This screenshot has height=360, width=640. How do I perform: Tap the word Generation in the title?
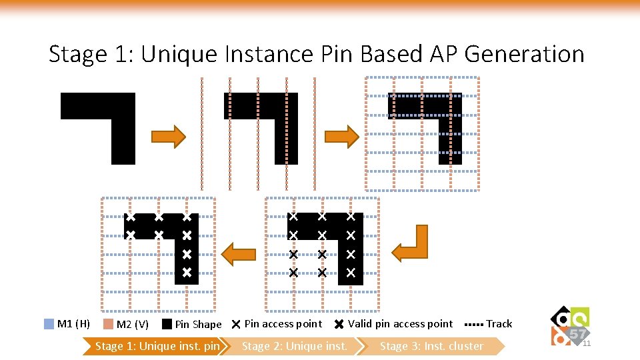click(x=524, y=53)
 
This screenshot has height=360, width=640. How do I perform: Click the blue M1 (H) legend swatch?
click(x=49, y=324)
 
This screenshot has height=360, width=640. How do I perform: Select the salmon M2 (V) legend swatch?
click(x=109, y=324)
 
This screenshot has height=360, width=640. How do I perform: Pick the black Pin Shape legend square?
click(x=167, y=324)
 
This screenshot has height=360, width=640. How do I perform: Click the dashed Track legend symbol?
click(x=473, y=324)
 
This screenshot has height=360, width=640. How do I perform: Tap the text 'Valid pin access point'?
click(x=400, y=324)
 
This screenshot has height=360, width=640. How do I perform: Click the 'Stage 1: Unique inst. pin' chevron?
click(x=157, y=346)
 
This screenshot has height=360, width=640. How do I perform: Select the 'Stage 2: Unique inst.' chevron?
click(x=294, y=346)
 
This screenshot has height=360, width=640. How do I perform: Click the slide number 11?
click(x=587, y=343)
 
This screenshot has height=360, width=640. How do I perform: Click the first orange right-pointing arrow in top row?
click(x=168, y=137)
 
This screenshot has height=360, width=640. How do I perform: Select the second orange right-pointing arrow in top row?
click(x=341, y=137)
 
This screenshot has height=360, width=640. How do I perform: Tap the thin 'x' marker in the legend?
click(x=236, y=325)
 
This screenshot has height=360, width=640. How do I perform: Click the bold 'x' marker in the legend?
click(x=339, y=325)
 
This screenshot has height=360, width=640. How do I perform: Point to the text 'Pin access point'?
click(x=283, y=324)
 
